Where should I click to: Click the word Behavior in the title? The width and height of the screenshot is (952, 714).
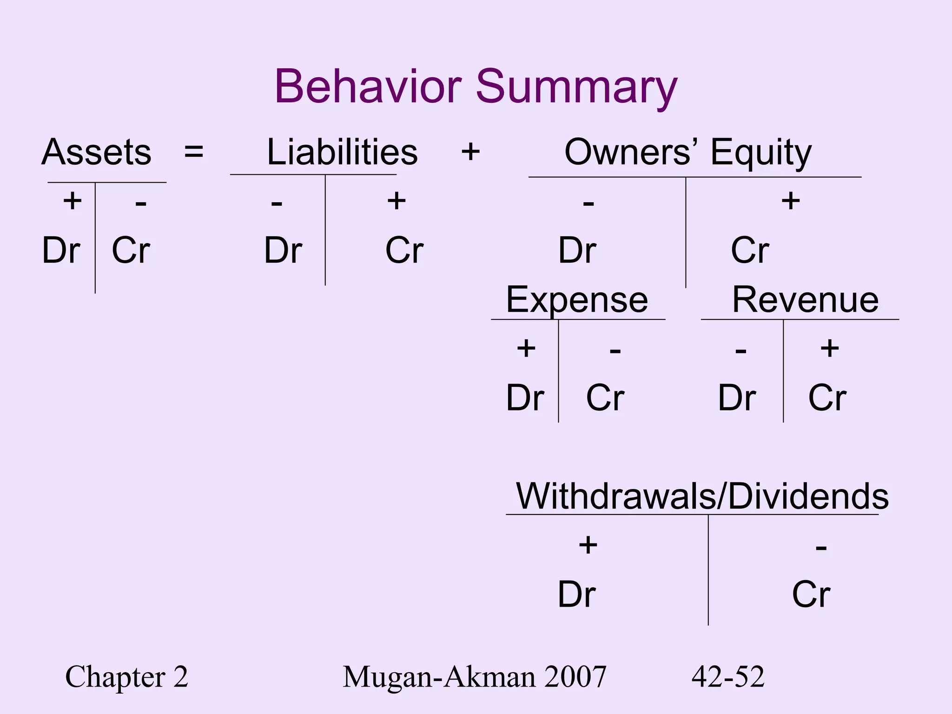click(368, 87)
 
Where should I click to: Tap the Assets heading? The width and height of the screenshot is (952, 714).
click(97, 152)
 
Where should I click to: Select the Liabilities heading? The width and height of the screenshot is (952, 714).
click(342, 152)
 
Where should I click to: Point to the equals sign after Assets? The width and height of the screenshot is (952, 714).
click(193, 152)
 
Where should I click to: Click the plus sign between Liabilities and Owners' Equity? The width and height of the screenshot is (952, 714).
click(470, 152)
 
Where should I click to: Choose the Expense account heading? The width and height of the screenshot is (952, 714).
click(577, 300)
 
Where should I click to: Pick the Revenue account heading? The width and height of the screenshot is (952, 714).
click(805, 300)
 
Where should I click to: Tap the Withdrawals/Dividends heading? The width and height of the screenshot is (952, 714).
click(702, 496)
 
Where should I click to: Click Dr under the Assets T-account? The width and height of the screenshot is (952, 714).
click(61, 251)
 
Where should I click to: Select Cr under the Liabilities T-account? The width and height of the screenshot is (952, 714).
click(404, 251)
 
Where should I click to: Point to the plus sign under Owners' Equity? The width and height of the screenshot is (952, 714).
click(790, 201)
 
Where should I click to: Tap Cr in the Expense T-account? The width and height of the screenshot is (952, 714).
click(605, 398)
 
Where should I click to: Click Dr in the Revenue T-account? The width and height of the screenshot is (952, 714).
click(737, 398)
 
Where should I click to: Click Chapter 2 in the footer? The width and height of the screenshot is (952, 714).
click(126, 677)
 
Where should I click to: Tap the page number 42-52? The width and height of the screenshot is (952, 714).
click(728, 677)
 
